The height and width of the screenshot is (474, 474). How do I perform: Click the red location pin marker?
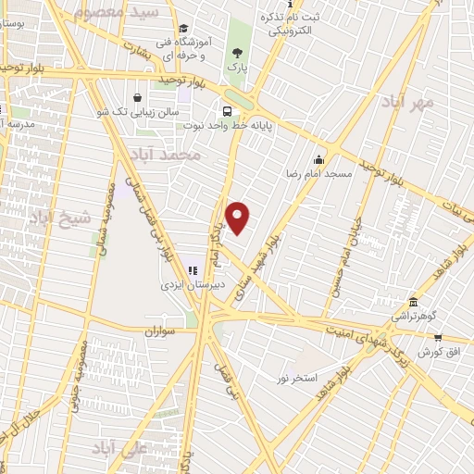pyautogui.click(x=238, y=218)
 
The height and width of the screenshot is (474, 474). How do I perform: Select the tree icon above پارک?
pyautogui.click(x=238, y=53)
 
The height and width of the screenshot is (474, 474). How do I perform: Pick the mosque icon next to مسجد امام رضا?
pyautogui.click(x=319, y=158)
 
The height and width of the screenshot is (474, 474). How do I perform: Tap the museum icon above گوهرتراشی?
pyautogui.click(x=413, y=303)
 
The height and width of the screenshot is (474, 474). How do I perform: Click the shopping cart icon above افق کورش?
pyautogui.click(x=437, y=338)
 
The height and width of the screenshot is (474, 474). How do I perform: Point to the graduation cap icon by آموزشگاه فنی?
pyautogui.click(x=184, y=30)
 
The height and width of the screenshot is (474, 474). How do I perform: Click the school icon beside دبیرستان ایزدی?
pyautogui.click(x=193, y=270)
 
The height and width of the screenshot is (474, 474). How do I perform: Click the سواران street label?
pyautogui.click(x=160, y=330)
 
